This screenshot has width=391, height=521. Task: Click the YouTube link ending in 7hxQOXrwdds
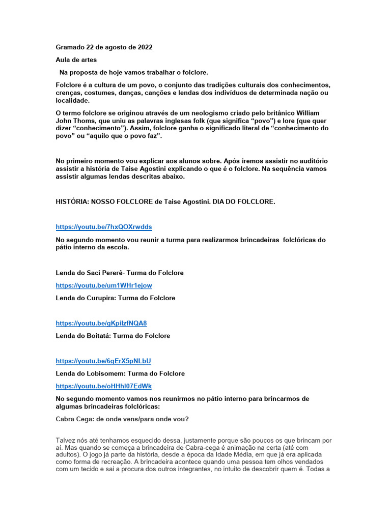(x=104, y=227)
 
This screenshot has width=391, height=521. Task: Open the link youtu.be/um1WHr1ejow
(x=104, y=285)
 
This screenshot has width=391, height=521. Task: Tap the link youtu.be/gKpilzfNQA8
(x=101, y=323)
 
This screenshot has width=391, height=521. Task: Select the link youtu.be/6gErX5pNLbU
(x=103, y=361)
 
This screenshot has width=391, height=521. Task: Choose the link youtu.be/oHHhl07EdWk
(x=103, y=386)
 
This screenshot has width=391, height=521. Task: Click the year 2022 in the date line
(x=144, y=47)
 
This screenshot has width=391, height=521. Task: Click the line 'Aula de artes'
(x=76, y=60)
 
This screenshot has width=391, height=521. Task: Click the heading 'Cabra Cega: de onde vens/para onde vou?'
(x=122, y=419)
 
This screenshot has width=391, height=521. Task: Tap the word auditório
(x=311, y=161)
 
